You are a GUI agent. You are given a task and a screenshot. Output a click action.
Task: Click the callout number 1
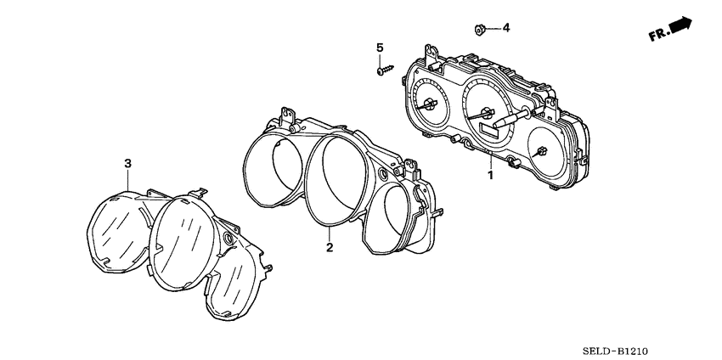click(489, 176)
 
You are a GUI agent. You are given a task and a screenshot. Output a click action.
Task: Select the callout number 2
click(330, 247)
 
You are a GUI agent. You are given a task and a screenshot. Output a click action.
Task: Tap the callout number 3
click(127, 162)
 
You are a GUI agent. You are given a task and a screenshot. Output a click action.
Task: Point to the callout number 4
click(505, 28)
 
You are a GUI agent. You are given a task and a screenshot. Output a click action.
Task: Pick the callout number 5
click(381, 47)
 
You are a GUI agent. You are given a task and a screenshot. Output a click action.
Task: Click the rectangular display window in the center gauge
click(490, 128)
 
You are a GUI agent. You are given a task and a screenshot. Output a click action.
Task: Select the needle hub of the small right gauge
click(541, 152)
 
